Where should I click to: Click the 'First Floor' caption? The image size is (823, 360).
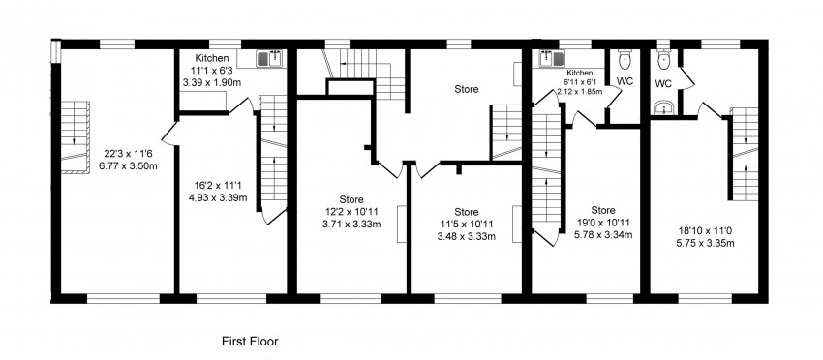[x=250, y=341]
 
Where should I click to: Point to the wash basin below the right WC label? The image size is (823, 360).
[x=664, y=108]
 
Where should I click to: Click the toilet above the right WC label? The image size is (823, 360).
[x=663, y=61]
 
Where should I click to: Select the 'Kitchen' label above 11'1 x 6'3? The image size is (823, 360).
[x=211, y=58]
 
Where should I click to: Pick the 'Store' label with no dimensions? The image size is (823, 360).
[x=468, y=89]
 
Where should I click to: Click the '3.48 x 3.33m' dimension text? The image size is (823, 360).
[x=467, y=236]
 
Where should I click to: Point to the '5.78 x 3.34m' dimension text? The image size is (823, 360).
[x=603, y=233]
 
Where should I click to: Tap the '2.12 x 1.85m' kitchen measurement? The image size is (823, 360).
[x=578, y=92]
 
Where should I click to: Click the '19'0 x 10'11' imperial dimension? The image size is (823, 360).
[x=603, y=222]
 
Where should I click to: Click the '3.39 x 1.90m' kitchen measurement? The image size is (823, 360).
[x=211, y=82]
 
